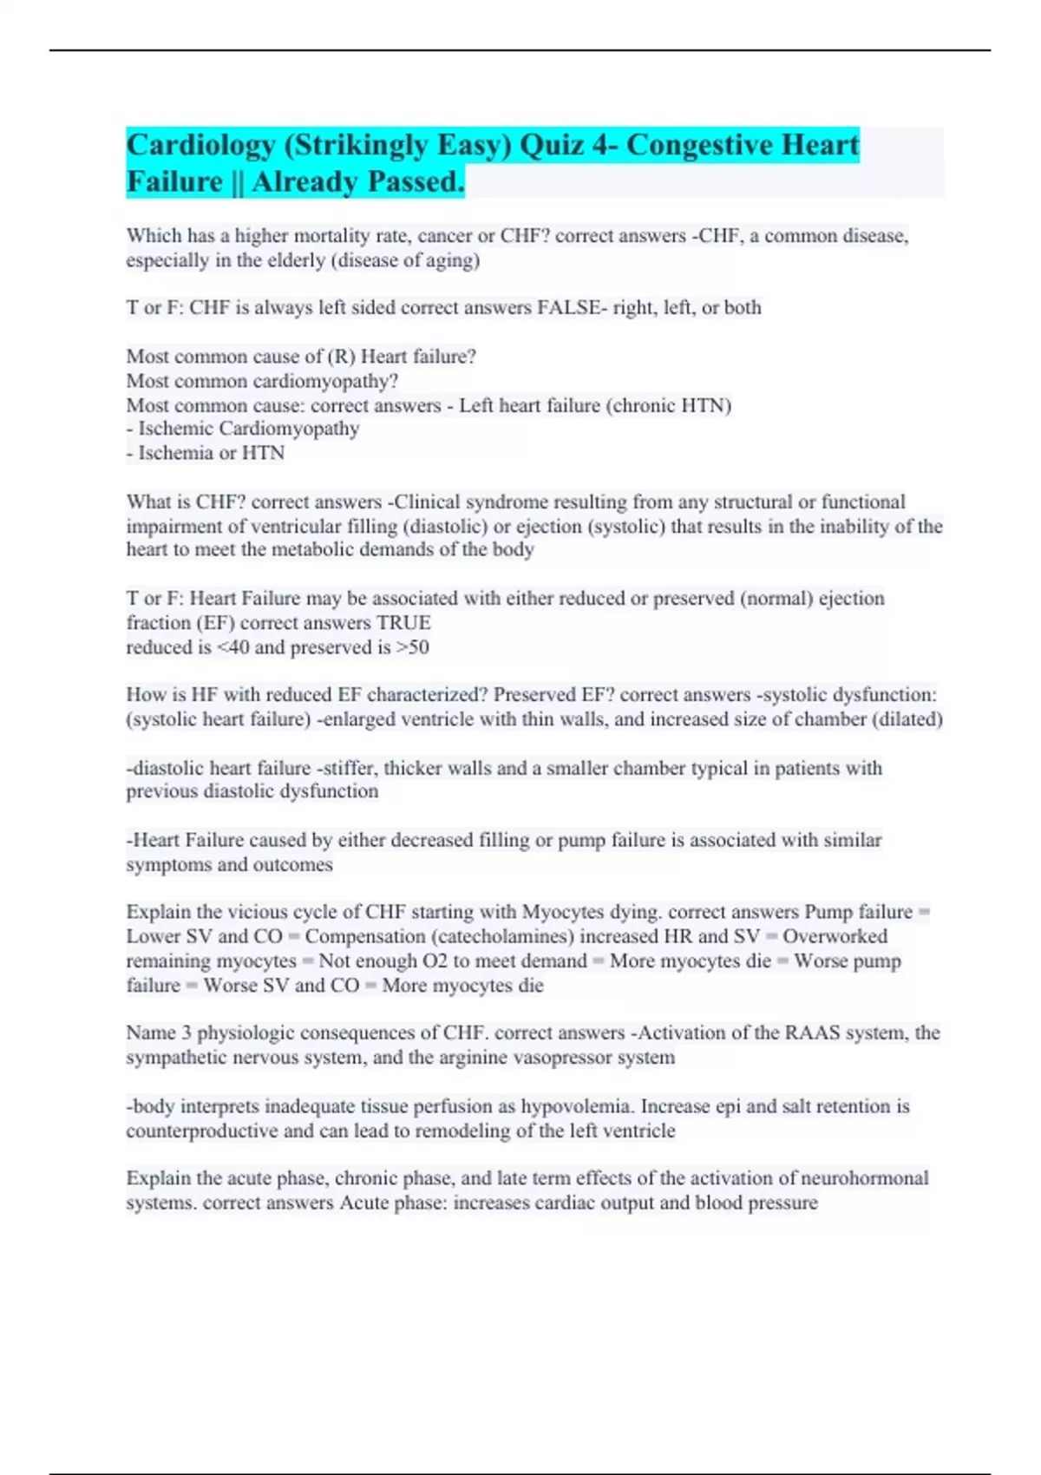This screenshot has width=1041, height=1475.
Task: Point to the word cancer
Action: (x=445, y=236)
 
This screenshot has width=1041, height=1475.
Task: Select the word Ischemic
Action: (x=175, y=429)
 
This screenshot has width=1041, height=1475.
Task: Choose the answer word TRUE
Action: (x=403, y=623)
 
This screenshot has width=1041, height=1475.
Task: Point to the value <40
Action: (x=230, y=647)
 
